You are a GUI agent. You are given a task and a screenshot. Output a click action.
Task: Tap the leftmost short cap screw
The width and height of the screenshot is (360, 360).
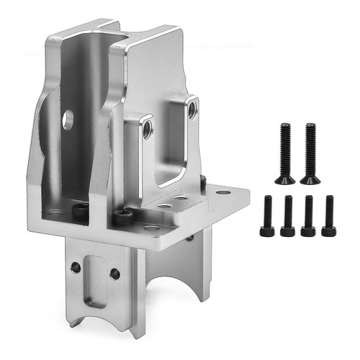pos(267,215)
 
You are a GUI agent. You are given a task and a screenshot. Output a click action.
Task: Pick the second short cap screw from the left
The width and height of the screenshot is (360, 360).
pos(288,215)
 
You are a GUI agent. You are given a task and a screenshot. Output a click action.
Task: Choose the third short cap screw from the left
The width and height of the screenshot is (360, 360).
pos(308,215)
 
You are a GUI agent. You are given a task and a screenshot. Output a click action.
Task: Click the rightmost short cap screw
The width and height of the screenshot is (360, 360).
pos(329,215)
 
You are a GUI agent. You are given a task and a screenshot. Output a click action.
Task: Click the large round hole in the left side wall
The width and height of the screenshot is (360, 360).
pos(68,120)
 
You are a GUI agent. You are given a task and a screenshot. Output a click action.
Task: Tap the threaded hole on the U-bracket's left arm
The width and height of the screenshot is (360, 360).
pos(146,128)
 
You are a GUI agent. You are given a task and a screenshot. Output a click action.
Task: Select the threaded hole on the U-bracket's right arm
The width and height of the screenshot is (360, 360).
pos(192,110)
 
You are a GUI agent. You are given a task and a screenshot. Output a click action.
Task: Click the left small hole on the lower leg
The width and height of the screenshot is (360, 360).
pos(76,267)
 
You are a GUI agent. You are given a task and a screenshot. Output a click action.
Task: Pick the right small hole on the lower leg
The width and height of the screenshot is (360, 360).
pos(114,274)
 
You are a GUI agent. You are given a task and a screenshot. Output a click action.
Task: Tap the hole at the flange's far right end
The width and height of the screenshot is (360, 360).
pos(223,193)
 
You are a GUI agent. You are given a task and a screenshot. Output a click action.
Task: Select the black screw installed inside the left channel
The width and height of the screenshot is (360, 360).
pos(81,209)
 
